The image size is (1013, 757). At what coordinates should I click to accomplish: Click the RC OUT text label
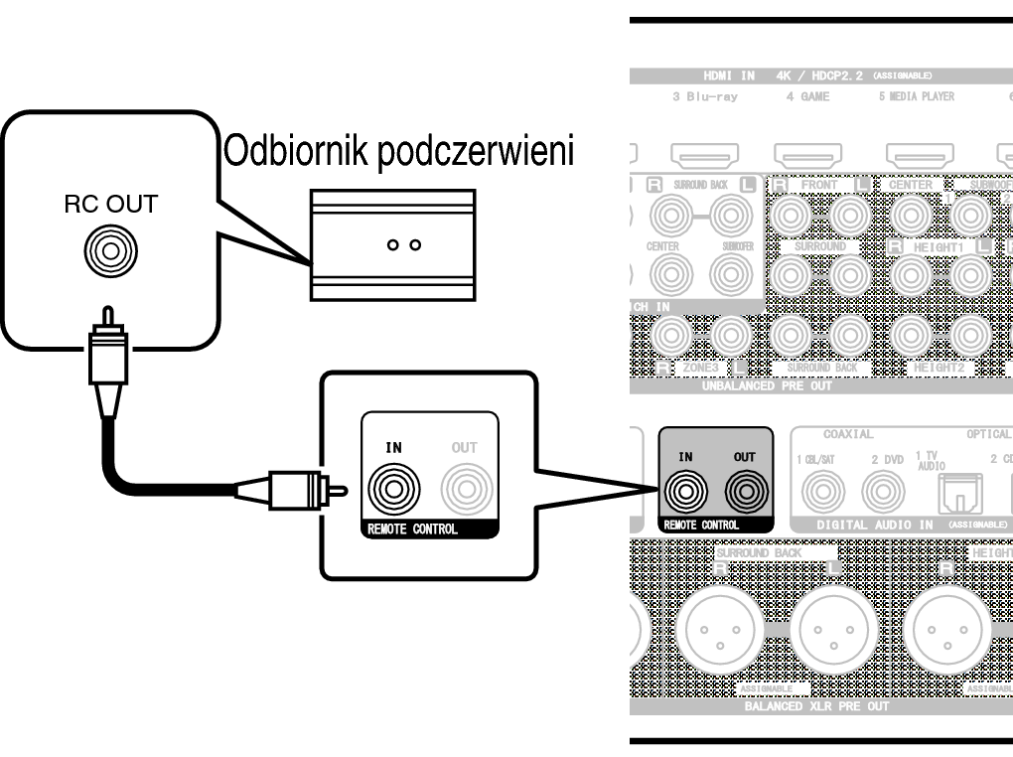click(x=111, y=206)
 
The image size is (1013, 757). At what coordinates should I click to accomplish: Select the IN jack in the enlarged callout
click(x=393, y=487)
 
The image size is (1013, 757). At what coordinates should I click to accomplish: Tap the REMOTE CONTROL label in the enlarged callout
click(x=413, y=530)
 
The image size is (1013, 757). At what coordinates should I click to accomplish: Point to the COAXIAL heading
click(x=848, y=434)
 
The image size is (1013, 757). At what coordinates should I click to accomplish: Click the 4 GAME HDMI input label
click(x=807, y=96)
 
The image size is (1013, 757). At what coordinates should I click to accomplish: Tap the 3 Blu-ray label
click(x=704, y=96)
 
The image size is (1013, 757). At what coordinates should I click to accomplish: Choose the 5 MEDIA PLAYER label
click(x=916, y=96)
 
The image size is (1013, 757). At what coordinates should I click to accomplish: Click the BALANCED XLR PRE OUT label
click(x=816, y=707)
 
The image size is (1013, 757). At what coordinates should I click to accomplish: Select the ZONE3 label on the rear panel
click(x=701, y=368)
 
